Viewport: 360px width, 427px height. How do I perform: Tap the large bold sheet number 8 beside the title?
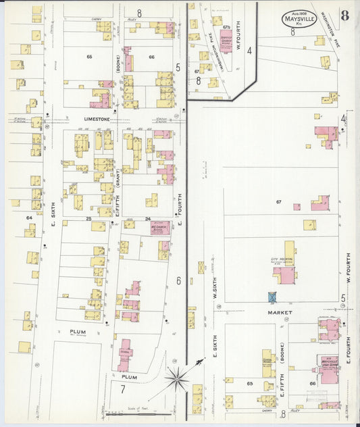[344, 16]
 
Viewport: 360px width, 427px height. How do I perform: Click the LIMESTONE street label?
[96, 119]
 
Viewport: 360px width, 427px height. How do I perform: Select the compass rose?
[176, 380]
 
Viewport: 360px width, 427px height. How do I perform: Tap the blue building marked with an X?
[272, 297]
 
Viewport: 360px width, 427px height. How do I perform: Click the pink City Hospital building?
[284, 275]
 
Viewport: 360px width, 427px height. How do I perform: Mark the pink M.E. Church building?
[161, 229]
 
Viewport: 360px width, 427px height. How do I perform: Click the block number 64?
[29, 218]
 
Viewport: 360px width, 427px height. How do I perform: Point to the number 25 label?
[88, 219]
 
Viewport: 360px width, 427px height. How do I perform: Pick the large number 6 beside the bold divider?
[178, 280]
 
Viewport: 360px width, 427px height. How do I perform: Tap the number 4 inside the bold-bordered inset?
[249, 51]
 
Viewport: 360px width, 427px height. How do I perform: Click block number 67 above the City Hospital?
[278, 202]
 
